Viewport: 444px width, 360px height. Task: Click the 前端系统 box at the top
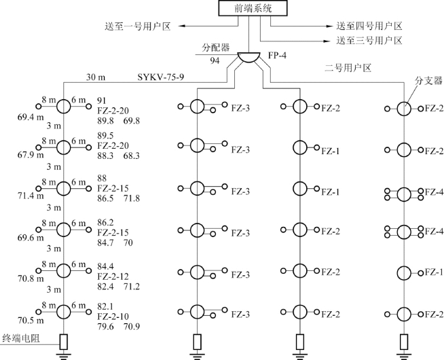click(244, 9)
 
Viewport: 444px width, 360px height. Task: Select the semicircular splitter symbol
click(244, 60)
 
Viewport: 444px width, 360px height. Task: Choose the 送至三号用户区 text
click(369, 41)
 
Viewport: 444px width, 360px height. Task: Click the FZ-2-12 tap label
click(113, 277)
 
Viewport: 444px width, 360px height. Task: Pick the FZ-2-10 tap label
click(113, 316)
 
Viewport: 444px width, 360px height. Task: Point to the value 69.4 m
click(31, 117)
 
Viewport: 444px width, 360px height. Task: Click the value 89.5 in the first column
click(107, 135)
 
